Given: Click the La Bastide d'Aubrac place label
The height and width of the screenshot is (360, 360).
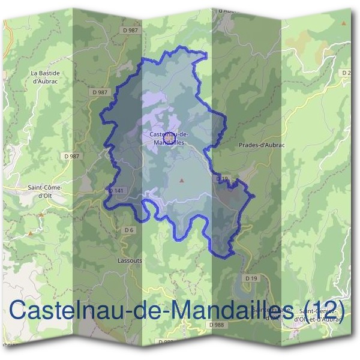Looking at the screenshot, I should [46, 76].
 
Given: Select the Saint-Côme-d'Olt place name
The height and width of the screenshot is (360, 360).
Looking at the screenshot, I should [45, 191].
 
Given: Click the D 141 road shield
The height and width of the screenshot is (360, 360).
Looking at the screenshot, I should [116, 191].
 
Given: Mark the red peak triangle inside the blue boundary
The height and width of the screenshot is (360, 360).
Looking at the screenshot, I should [182, 179].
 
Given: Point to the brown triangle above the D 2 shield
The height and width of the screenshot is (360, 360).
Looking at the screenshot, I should [344, 23].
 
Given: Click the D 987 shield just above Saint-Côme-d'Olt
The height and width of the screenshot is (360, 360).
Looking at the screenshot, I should [71, 156].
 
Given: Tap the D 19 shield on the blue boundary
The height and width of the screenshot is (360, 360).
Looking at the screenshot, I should [223, 179].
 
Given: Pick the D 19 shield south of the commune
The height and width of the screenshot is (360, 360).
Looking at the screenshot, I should [251, 278].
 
